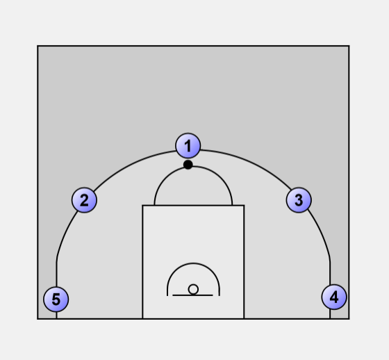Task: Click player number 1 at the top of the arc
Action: point(188,145)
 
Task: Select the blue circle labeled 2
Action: point(84,200)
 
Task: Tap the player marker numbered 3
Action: point(299,200)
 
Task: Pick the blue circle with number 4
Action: point(334,297)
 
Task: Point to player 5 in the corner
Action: point(56,299)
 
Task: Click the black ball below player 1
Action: point(188,165)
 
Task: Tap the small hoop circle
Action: point(193,290)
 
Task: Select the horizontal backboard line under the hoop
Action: point(193,295)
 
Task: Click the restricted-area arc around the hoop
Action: point(193,263)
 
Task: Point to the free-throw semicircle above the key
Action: point(193,167)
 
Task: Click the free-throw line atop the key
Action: point(193,205)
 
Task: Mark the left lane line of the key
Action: point(142,262)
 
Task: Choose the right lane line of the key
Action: point(244,262)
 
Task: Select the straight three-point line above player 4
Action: point(330,272)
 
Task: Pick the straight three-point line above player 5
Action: point(57,275)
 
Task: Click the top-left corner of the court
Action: point(38,46)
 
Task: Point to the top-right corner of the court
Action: point(349,46)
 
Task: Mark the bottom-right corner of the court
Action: point(349,319)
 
